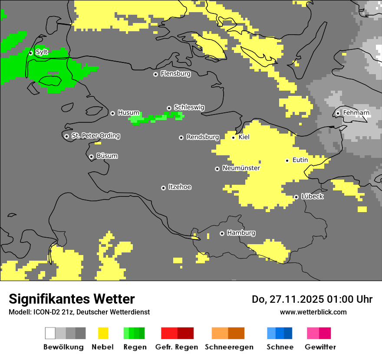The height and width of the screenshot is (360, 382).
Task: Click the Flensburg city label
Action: pos(175,74)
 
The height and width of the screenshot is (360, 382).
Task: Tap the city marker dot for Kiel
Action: pos(233,137)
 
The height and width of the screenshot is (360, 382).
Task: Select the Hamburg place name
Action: pos(241,233)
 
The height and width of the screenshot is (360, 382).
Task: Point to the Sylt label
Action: pos(42,52)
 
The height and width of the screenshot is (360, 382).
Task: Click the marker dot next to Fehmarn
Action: pos(338,113)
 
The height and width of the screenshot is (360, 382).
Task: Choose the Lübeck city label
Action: pos(312,196)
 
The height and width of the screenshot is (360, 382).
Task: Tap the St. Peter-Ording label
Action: pos(95,136)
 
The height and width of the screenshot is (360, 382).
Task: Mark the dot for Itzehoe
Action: pos(163,188)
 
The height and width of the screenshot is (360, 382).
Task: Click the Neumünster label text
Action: pos(241,168)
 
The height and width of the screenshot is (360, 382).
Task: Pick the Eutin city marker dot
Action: pos(287,160)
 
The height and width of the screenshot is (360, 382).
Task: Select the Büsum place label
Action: pos(107,156)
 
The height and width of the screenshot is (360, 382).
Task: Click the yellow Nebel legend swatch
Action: pos(103,333)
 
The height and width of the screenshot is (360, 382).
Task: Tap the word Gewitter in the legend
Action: pos(320,347)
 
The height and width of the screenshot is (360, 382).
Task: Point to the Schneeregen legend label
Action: pos(229,347)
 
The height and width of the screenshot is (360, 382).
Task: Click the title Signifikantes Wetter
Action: pos(72,299)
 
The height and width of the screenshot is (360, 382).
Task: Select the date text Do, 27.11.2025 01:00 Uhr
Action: pos(312,299)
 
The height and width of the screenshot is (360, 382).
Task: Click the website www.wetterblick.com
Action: pos(313,312)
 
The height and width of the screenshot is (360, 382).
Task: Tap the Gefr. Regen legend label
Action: pos(176,347)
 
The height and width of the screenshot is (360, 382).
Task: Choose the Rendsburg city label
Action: pos(202,137)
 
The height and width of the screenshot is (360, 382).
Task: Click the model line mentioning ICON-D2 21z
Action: pos(79,312)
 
